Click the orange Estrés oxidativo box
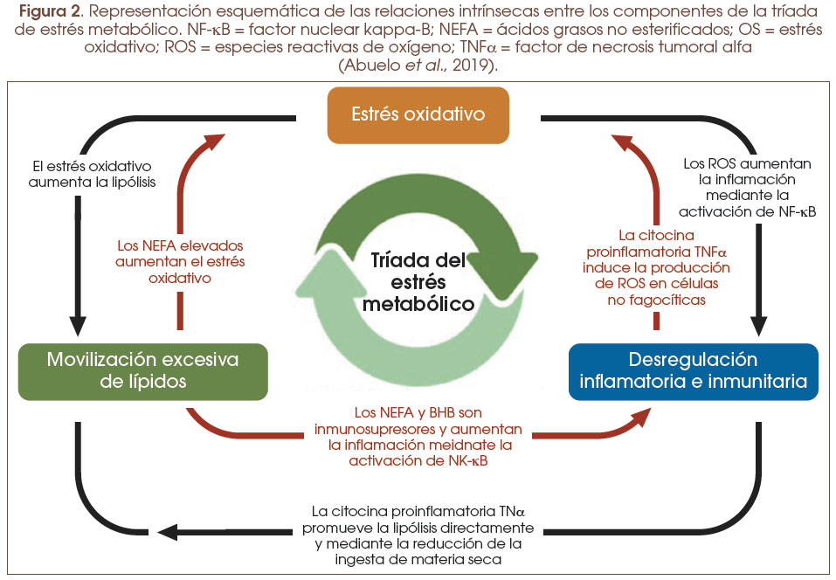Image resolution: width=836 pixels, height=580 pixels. [x=417, y=114]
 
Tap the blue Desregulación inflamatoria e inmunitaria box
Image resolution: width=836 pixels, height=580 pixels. [x=693, y=370]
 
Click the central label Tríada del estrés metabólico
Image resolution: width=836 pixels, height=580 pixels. [x=417, y=282]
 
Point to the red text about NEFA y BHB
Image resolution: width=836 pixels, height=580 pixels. [x=418, y=437]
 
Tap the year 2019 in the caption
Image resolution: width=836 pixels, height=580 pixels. [x=480, y=66]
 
